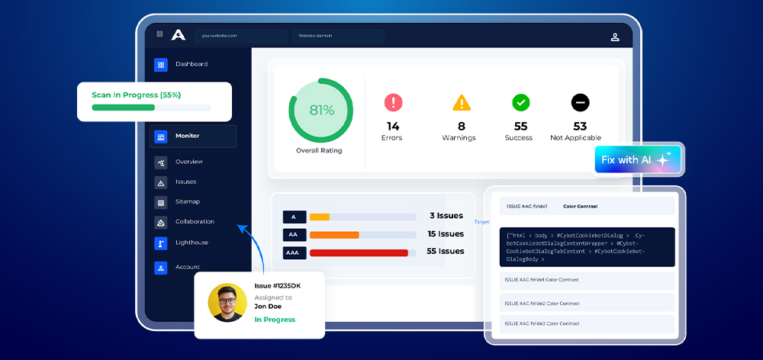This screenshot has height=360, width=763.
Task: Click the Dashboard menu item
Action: pyautogui.click(x=191, y=64)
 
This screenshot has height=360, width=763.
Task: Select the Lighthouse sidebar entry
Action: pyautogui.click(x=192, y=243)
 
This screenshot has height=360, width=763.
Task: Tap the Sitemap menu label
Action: pyautogui.click(x=188, y=201)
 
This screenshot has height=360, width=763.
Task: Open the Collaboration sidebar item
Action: pyautogui.click(x=195, y=222)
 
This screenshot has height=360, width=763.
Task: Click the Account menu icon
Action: pyautogui.click(x=161, y=268)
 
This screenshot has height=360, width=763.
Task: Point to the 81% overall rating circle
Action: pyautogui.click(x=321, y=110)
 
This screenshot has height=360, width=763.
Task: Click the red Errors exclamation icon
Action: pyautogui.click(x=393, y=102)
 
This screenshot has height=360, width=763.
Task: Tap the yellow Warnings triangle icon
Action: pyautogui.click(x=462, y=102)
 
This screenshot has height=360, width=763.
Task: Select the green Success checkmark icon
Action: pyautogui.click(x=521, y=102)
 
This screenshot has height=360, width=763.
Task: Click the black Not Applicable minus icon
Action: pyautogui.click(x=580, y=102)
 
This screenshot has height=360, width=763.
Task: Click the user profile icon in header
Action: pyautogui.click(x=615, y=37)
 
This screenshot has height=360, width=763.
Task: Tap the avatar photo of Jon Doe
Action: pyautogui.click(x=227, y=303)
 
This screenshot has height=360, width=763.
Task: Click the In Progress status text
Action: pyautogui.click(x=275, y=320)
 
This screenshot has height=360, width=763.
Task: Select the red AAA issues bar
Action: pyautogui.click(x=359, y=252)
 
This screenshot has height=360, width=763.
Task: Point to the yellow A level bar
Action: pyautogui.click(x=320, y=217)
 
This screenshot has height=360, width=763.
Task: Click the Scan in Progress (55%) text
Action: pyautogui.click(x=136, y=95)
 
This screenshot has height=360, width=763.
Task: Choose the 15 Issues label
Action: pyautogui.click(x=446, y=234)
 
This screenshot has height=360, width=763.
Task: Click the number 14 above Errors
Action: pyautogui.click(x=393, y=126)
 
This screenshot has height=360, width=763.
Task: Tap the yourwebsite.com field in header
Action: pyautogui.click(x=241, y=36)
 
